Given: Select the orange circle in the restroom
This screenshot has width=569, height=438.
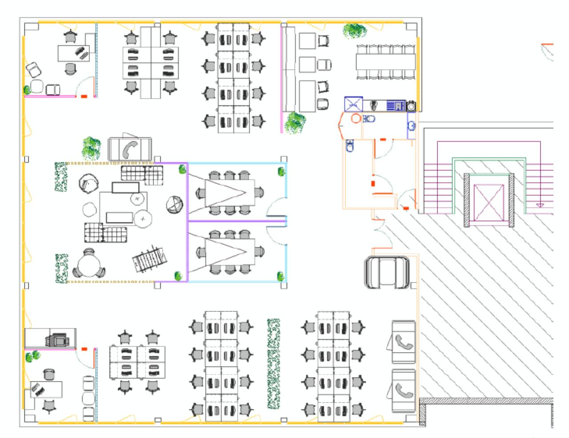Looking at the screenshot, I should (x=356, y=119).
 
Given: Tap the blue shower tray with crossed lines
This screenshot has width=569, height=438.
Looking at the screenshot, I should (x=354, y=105).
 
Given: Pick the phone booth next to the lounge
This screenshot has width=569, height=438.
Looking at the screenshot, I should (x=130, y=149).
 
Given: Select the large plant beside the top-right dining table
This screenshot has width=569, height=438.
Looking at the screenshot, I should (x=355, y=31).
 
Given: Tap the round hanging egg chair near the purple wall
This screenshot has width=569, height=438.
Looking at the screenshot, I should (x=174, y=205).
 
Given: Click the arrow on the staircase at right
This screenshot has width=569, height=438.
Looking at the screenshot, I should (x=540, y=205).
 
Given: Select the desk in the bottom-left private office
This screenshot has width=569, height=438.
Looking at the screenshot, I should (x=46, y=389).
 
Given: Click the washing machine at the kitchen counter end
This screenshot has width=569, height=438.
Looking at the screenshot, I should (x=411, y=106).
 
